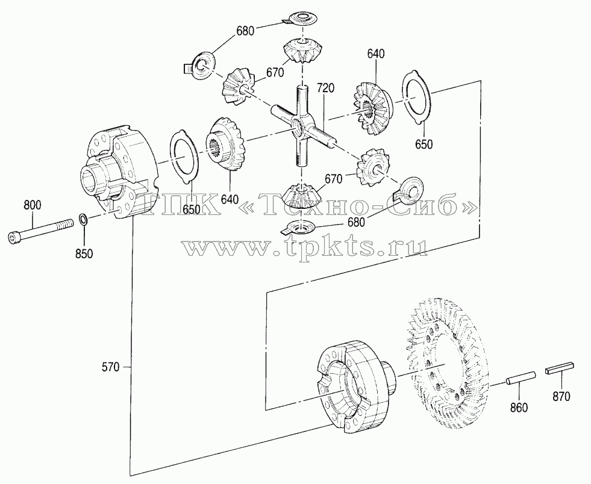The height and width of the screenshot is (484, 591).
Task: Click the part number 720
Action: pyautogui.click(x=325, y=88)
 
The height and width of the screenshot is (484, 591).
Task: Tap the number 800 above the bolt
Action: pyautogui.click(x=33, y=205)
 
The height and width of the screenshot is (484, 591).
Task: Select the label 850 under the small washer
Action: pyautogui.click(x=84, y=254)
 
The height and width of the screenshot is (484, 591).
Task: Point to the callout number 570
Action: pyautogui.click(x=110, y=367)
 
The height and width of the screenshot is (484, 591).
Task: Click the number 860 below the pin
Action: pyautogui.click(x=519, y=408)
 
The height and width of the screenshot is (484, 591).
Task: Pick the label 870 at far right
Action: pyautogui.click(x=561, y=396)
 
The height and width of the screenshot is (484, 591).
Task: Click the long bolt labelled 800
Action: pyautogui.click(x=40, y=231)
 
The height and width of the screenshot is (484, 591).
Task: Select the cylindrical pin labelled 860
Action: pyautogui.click(x=521, y=378)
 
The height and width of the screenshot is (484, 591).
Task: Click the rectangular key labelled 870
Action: pyautogui.click(x=559, y=368)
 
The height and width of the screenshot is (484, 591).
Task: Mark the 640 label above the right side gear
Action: pyautogui.click(x=376, y=54)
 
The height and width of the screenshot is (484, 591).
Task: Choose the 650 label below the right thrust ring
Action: pyautogui.click(x=424, y=144)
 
